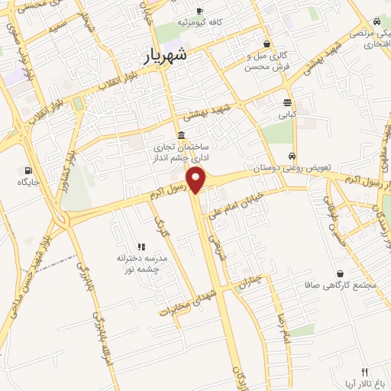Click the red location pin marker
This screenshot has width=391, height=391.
[197, 179]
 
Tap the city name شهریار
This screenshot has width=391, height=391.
[165, 56]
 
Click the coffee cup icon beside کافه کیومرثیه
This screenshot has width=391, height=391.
[200, 11]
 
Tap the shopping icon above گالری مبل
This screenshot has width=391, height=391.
[266, 44]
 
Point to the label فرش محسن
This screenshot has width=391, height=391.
[262, 67]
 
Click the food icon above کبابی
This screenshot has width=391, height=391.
[287, 102]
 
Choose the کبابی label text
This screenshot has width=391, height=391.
[286, 115]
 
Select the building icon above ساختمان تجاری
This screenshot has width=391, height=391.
[181, 135]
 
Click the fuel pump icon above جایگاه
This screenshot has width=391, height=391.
[29, 170]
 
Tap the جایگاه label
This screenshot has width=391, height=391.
[29, 183]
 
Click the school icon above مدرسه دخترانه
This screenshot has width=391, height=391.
[141, 247]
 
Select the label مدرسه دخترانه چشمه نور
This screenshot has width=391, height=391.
[143, 263]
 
